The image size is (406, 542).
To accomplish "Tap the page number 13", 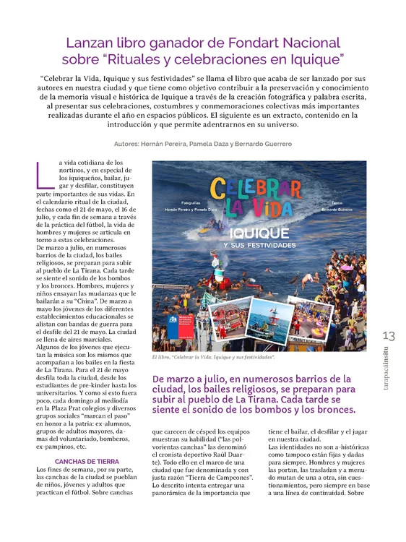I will (x=389, y=336).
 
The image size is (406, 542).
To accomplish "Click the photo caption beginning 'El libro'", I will (x=213, y=357).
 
